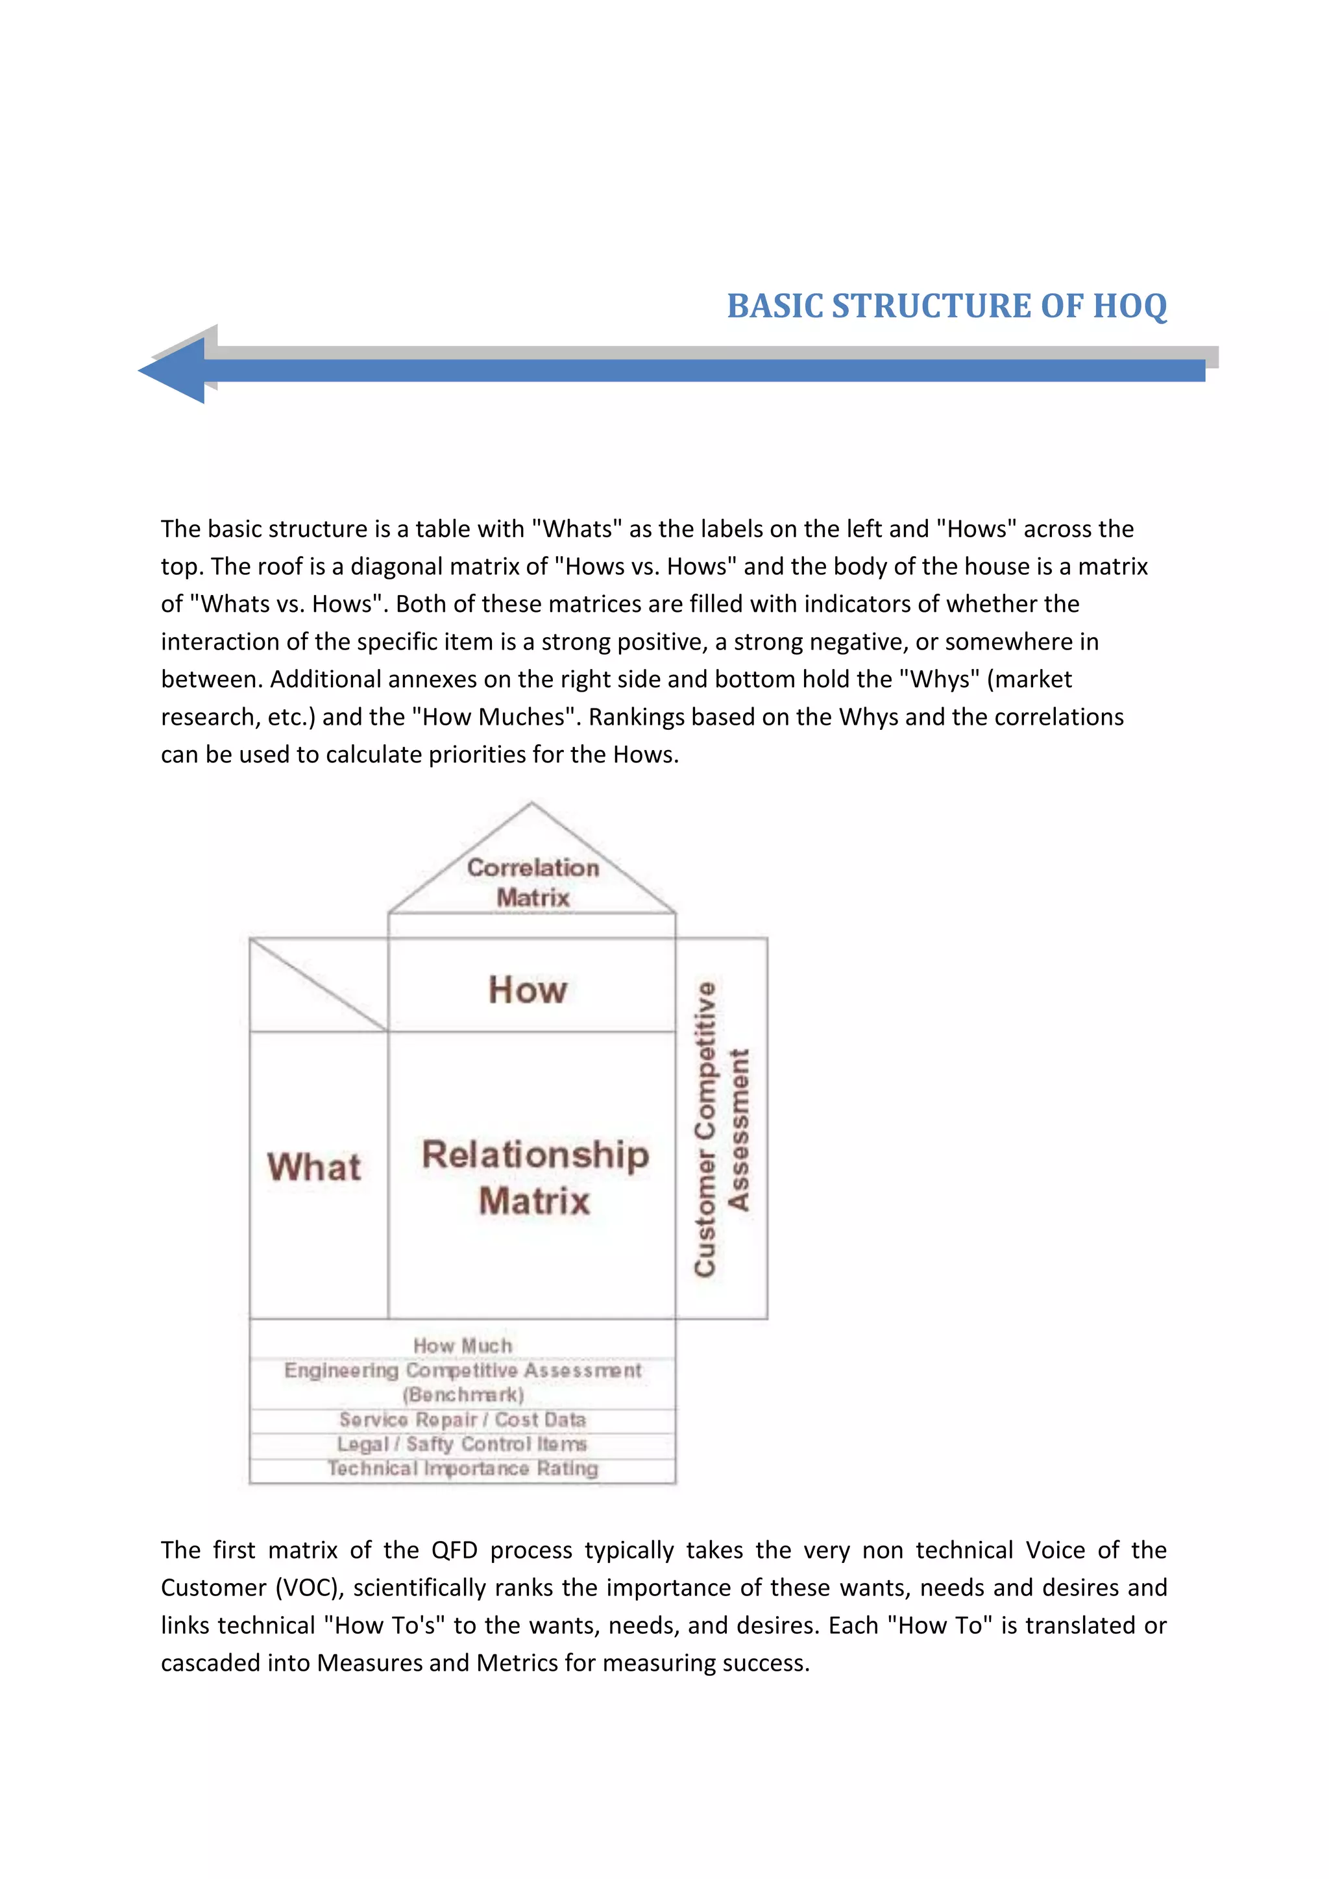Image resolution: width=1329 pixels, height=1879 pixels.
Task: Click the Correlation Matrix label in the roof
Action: click(533, 882)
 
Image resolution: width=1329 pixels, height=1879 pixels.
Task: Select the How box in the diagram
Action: click(528, 989)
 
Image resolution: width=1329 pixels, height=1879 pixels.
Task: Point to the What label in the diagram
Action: click(314, 1167)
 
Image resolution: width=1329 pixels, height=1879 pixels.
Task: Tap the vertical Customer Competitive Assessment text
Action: click(721, 1130)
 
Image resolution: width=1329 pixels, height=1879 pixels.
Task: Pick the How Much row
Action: click(463, 1346)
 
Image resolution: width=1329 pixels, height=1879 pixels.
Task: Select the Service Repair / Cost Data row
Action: click(463, 1420)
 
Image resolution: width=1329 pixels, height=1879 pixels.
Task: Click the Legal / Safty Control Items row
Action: click(463, 1444)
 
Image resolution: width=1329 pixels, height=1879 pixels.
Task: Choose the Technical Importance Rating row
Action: click(463, 1469)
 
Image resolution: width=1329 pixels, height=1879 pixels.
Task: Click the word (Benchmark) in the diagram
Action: click(463, 1394)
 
